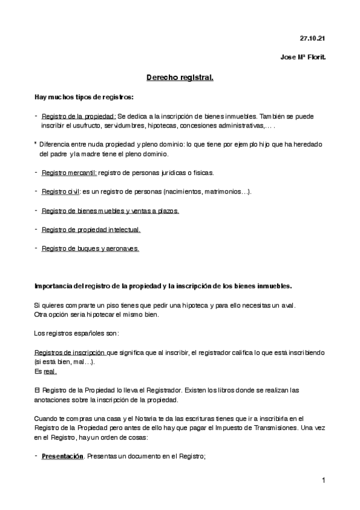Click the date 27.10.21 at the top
[x=312, y=38]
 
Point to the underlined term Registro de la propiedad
[x=79, y=116]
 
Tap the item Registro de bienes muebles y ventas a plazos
[x=110, y=210]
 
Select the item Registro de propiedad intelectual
[x=91, y=230]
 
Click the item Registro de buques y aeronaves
[x=90, y=248]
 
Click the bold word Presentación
[x=62, y=456]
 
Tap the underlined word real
[x=50, y=372]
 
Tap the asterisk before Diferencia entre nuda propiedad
[x=35, y=144]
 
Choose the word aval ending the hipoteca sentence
[x=288, y=306]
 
